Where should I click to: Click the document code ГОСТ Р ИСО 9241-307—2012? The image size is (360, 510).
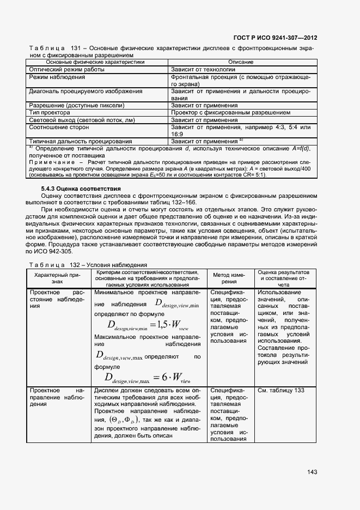(275, 38)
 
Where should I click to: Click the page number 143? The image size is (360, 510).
(312, 472)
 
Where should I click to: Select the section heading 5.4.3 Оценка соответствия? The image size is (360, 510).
(81, 189)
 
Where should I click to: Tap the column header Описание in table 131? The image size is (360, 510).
(241, 63)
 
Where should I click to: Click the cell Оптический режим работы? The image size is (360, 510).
(66, 70)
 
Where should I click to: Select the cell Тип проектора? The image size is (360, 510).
(49, 112)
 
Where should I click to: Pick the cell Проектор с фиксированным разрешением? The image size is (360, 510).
(230, 112)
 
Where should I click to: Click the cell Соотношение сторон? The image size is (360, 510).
(57, 127)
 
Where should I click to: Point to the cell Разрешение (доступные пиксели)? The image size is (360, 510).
(76, 105)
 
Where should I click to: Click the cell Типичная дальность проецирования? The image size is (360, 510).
(80, 141)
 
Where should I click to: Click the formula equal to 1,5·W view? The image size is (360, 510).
(148, 326)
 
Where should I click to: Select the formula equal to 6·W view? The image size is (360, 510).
(148, 377)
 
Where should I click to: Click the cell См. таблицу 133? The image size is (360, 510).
(280, 391)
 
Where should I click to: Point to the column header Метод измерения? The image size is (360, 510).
(229, 278)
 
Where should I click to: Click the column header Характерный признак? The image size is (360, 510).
(57, 278)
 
